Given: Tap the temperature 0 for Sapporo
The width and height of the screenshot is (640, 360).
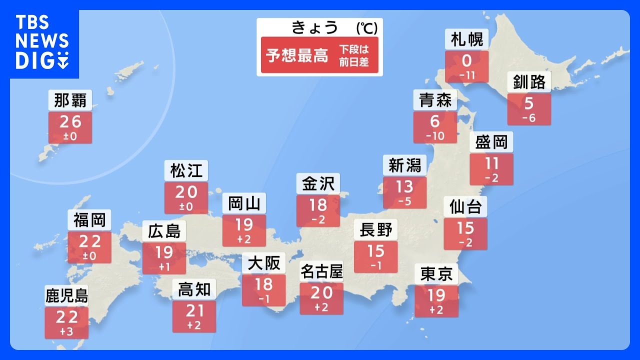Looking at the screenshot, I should coord(466,61).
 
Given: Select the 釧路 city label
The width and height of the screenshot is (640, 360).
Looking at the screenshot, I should coord(529,81).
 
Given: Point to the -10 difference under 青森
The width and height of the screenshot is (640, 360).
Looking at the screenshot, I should coord(435,135).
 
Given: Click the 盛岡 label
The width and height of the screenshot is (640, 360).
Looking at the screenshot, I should coord(491,142).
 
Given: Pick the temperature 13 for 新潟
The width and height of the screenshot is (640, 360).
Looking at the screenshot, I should coord(404,186).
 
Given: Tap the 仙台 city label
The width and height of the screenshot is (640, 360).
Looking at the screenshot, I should coord(465,206).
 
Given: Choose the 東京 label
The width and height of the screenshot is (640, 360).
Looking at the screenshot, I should coord(436,274).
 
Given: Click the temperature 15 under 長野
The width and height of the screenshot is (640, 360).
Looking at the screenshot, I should coord(375,251).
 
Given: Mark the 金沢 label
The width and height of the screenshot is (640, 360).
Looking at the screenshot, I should coord(318,183).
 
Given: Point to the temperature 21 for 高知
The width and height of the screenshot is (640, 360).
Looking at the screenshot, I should coord(194,310).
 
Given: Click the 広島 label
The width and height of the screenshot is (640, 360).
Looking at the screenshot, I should coord(164,231).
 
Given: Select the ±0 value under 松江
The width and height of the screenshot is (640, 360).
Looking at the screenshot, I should coord(186,205).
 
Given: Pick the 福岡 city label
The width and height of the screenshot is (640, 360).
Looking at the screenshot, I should coord(89,219).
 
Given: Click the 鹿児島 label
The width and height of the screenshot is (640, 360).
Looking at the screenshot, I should coord(66,296).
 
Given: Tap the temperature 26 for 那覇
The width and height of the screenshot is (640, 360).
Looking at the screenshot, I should coord(70,121).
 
